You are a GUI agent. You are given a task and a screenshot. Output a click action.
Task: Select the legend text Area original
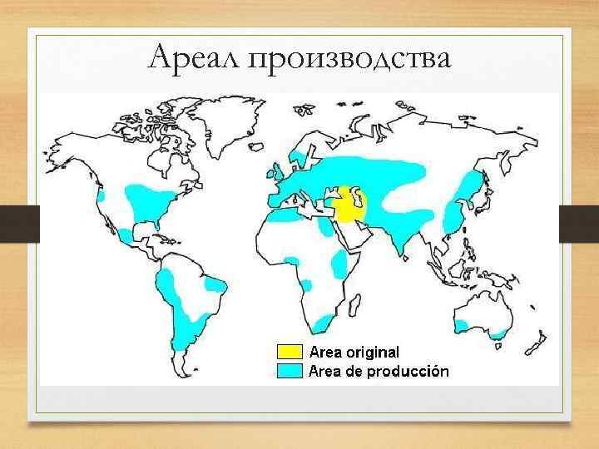click(354, 352)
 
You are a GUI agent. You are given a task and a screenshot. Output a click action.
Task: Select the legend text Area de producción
click(379, 371)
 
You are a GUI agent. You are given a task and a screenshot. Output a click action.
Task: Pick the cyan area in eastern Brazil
click(215, 286)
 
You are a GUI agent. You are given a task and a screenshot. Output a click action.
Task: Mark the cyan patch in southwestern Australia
click(462, 324)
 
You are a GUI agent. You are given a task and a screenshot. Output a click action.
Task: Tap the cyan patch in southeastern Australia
click(498, 333)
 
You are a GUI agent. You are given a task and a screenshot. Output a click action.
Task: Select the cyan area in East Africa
click(340, 264)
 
